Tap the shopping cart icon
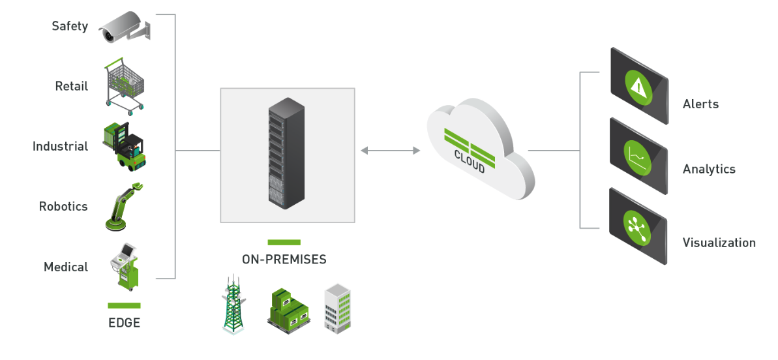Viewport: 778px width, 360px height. [125, 85]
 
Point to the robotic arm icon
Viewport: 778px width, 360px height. [124, 206]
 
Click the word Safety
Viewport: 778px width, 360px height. [70, 26]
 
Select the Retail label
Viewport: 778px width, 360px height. [71, 86]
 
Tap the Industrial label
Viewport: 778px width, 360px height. [60, 146]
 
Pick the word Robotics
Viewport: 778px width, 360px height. [63, 206]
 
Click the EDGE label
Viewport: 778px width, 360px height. [124, 322]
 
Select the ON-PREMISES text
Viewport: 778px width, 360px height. [284, 260]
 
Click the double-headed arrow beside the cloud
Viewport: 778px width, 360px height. [390, 151]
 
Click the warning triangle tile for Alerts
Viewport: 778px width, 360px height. [638, 85]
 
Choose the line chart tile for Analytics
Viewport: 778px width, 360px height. [638, 157]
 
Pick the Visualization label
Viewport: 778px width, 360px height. [719, 243]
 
